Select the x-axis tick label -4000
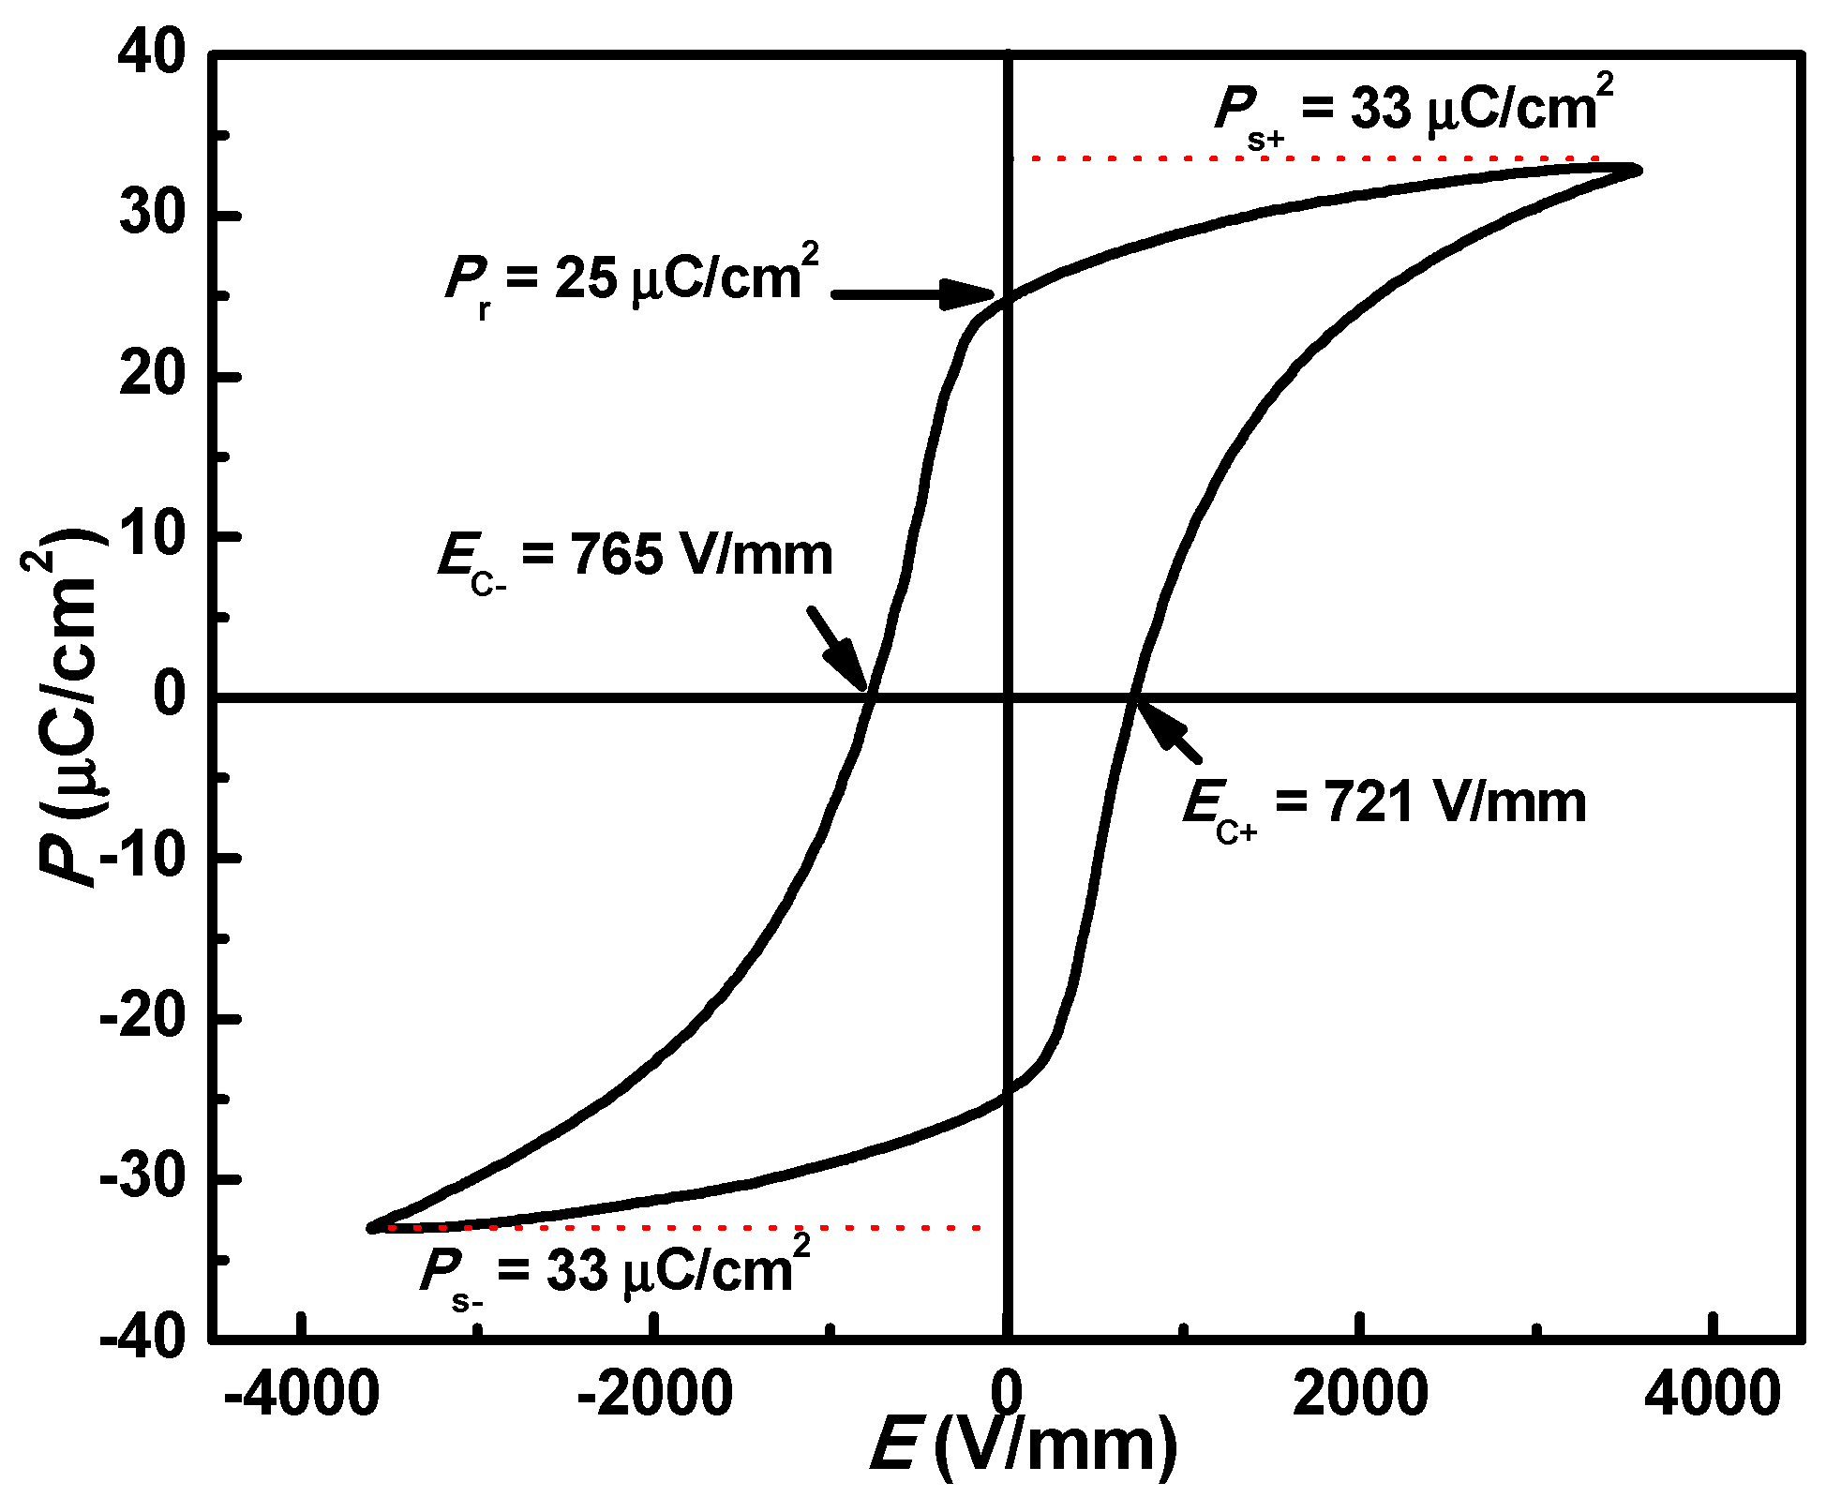pos(302,1393)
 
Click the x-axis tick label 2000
pos(1360,1393)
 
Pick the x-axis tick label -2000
pos(654,1393)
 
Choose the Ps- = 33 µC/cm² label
pos(615,1273)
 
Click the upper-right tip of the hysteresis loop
pos(1637,170)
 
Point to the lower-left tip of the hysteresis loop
pos(373,1227)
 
